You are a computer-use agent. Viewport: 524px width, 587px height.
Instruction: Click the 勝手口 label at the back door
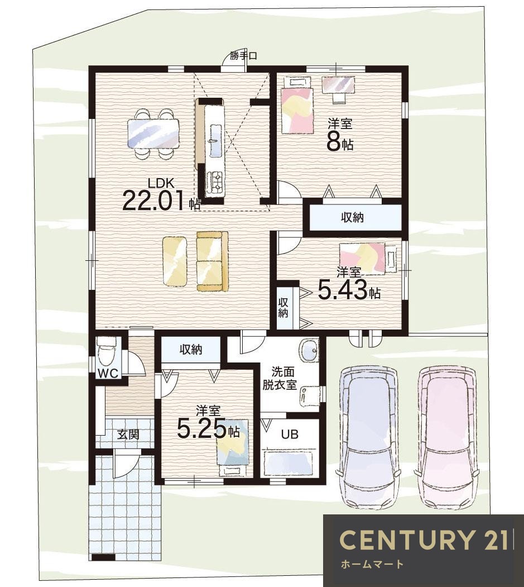(243, 56)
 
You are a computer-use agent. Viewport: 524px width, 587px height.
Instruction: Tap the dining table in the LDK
(153, 133)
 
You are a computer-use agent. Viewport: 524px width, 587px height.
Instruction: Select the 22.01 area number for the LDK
(153, 201)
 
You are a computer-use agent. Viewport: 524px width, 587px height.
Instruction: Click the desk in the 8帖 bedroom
(339, 84)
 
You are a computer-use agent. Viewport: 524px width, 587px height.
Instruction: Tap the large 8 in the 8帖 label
(334, 141)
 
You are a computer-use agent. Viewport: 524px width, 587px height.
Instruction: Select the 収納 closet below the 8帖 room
(352, 217)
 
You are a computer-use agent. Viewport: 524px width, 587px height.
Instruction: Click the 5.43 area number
(343, 290)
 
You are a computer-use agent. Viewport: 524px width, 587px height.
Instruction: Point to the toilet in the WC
(107, 352)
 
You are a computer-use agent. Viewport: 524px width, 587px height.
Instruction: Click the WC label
(108, 373)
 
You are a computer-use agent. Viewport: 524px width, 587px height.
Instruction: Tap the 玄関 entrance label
(128, 435)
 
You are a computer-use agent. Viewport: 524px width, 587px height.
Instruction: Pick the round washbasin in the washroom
(309, 351)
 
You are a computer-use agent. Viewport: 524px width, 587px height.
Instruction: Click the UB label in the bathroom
(290, 435)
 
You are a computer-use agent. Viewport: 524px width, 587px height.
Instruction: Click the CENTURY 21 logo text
(424, 540)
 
